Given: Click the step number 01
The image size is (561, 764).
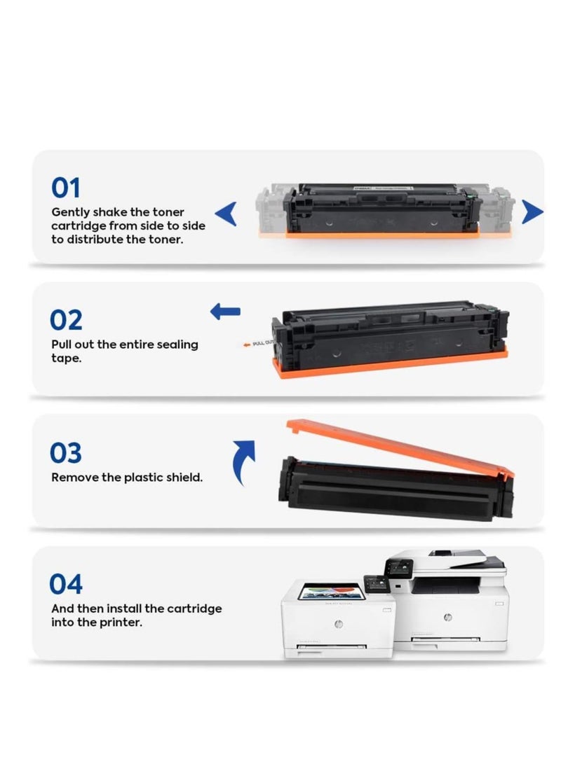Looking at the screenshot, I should [66, 188].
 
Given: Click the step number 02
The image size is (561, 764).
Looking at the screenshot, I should [67, 320].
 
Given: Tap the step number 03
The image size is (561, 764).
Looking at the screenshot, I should [67, 452].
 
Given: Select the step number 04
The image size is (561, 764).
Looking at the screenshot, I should [67, 584].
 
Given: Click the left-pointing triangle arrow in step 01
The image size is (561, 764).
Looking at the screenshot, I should [226, 213].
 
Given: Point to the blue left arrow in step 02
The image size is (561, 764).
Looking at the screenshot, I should [225, 312].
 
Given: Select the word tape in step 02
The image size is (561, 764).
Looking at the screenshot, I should [66, 358].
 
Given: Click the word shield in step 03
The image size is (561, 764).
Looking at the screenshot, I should [184, 478].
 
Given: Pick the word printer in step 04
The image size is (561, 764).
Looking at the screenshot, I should [122, 622].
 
